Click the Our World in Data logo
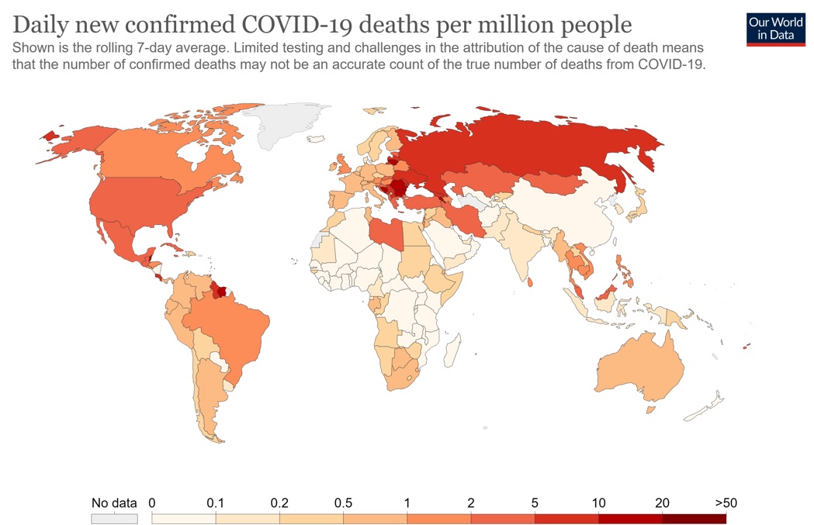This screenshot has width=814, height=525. click(775, 29)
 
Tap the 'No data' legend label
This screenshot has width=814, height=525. click(114, 503)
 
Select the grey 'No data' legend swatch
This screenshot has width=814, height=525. click(115, 518)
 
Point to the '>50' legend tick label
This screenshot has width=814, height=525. click(726, 503)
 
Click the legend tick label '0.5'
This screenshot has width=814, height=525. click(343, 503)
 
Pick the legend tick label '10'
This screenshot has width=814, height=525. click(598, 503)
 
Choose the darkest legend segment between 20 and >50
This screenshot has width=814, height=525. click(694, 518)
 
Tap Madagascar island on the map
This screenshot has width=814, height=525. click(452, 351)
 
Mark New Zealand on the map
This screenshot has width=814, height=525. click(705, 406)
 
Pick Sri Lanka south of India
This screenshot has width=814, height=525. click(529, 281)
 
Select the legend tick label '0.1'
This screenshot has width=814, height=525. click(215, 503)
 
